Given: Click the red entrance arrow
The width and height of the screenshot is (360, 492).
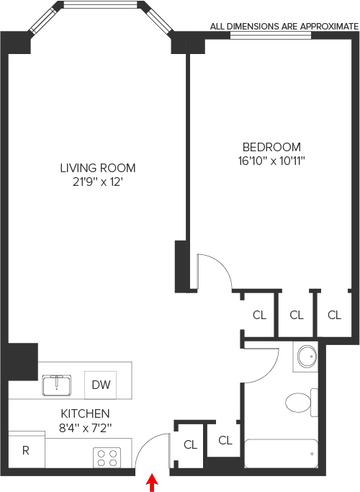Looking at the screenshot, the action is click(153, 483).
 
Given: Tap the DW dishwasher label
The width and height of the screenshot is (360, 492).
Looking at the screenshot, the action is click(101, 385).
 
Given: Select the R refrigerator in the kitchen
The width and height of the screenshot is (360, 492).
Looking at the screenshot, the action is click(27, 449).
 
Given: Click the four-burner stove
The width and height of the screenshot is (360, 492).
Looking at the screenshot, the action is click(107, 457).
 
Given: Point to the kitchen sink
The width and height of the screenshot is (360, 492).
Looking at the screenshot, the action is click(57, 385).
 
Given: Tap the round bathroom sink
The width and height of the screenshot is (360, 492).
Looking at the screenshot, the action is click(307, 357).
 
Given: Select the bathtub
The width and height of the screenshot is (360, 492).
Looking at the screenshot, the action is click(282, 453).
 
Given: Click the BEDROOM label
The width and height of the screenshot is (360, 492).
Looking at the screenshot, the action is click(271, 147).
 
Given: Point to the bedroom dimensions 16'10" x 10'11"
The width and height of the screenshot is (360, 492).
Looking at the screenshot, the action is click(271, 161).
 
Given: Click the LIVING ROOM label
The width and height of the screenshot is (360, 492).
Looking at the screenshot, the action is click(98, 168).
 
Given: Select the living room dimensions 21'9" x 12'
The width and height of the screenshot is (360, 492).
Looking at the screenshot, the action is click(97, 182).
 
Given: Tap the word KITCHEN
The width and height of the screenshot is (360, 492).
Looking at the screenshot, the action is click(85, 413).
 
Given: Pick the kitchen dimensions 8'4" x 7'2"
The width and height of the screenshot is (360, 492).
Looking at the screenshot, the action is click(85, 428).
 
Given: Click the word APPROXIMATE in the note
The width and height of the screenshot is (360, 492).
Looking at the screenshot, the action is click(329, 27).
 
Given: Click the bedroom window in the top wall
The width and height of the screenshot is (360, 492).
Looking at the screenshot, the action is click(271, 35).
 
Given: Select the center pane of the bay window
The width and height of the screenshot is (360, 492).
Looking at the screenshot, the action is click(101, 5).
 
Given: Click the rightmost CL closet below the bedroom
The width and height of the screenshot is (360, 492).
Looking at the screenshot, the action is click(334, 315).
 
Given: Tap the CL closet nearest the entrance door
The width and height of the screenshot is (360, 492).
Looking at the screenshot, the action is click(190, 444).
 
